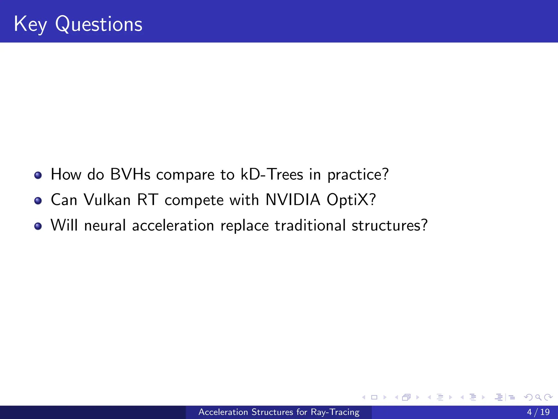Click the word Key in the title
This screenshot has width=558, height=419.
(30, 25)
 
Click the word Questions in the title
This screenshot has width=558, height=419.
(99, 25)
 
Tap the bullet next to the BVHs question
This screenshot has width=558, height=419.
(38, 175)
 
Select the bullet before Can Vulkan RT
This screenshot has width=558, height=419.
(38, 201)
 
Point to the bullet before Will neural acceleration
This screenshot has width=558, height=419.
(38, 226)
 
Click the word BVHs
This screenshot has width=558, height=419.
(130, 175)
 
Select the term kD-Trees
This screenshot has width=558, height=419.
(272, 175)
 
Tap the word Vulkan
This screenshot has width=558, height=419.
(107, 200)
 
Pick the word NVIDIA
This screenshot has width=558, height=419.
(293, 200)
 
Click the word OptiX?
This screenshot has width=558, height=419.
(351, 200)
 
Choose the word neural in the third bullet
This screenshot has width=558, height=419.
(105, 226)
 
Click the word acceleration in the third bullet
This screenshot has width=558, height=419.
(173, 226)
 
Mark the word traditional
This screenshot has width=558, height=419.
(310, 226)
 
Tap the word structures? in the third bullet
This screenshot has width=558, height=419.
(390, 226)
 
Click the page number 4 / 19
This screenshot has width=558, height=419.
(538, 412)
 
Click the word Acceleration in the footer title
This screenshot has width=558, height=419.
(223, 412)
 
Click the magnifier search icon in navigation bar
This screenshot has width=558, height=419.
(538, 397)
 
